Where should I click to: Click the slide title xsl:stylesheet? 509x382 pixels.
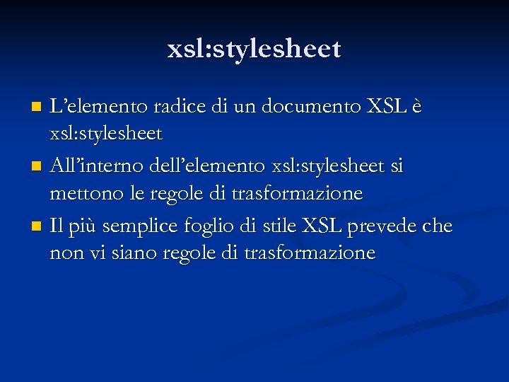255,49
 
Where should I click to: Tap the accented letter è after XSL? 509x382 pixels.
417,108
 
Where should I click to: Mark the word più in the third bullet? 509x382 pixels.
81,228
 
